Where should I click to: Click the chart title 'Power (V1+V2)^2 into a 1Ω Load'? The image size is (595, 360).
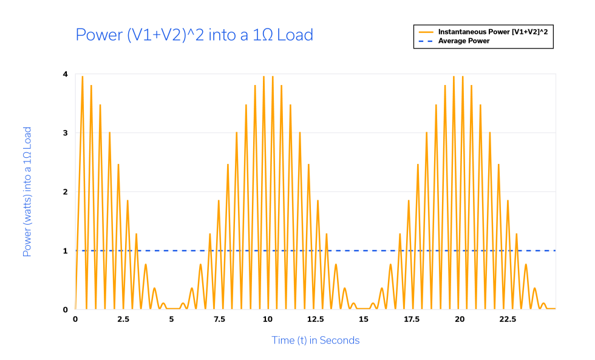coord(194,35)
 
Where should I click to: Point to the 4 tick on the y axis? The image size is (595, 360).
coord(65,74)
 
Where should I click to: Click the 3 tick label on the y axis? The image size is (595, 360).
coord(65,133)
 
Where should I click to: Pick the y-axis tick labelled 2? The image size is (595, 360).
coord(65,192)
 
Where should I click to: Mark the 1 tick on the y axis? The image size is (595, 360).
coord(65,251)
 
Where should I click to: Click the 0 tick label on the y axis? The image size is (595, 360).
coord(65,310)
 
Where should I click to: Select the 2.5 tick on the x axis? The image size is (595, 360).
coord(123,319)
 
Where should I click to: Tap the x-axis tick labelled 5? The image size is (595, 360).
coord(171,319)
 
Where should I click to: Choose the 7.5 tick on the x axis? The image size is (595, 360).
coord(219,319)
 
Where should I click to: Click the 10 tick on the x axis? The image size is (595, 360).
coord(268,319)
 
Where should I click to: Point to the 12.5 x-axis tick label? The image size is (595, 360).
coord(316,319)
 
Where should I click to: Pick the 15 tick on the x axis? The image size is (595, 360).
coord(364,319)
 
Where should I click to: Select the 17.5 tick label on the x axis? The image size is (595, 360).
coord(412,319)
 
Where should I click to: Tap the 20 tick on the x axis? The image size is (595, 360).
coord(460,319)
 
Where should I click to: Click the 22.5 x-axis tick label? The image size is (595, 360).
coord(508,319)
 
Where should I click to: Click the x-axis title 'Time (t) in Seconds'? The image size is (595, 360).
coord(315,341)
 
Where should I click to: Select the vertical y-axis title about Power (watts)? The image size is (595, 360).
coord(27,192)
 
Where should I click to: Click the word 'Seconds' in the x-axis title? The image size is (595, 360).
coord(340,341)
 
